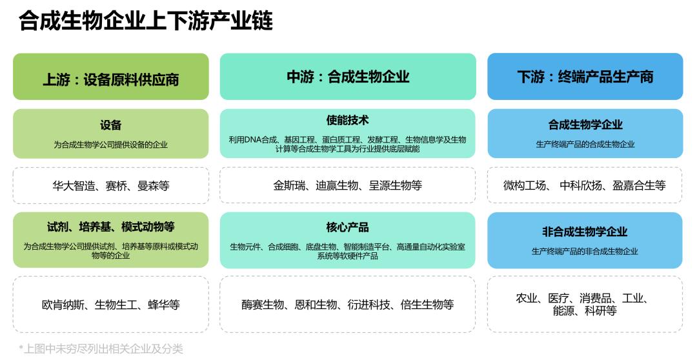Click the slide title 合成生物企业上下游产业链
[x=146, y=21]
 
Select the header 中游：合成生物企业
[x=348, y=77]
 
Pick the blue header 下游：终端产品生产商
[x=585, y=77]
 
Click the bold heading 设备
[x=111, y=125]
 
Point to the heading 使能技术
[x=348, y=121]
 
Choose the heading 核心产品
[x=348, y=227]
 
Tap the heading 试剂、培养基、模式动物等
[x=111, y=227]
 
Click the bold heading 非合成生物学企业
[x=585, y=232]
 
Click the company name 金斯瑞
[x=288, y=186]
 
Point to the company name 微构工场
[x=524, y=186]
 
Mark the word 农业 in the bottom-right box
[x=527, y=298]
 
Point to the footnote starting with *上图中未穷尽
[x=101, y=349]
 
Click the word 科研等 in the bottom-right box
[x=601, y=311]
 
